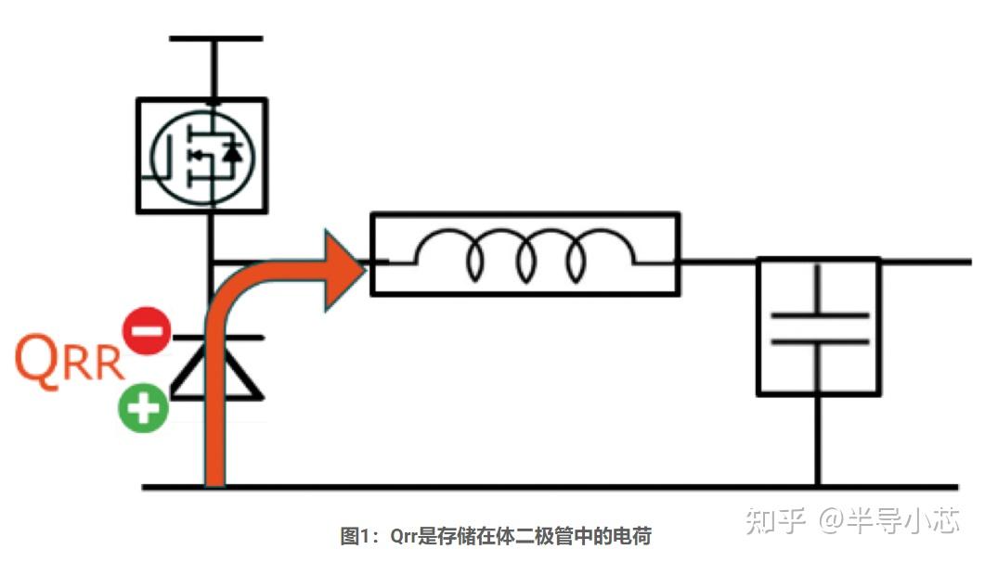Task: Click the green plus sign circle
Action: tap(142, 407)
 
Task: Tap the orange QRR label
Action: tap(71, 363)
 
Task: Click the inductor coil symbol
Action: tap(525, 254)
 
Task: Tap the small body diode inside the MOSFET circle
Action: tap(232, 154)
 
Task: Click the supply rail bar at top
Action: tap(215, 39)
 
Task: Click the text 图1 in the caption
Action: tap(356, 536)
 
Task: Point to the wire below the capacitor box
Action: tap(818, 441)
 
